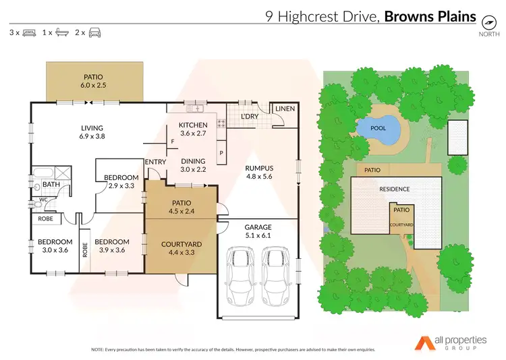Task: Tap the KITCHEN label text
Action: point(193,125)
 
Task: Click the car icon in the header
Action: point(94,32)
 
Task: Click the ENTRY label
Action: point(156,162)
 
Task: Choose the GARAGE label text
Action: point(257,227)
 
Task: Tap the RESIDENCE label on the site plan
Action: point(394,189)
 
